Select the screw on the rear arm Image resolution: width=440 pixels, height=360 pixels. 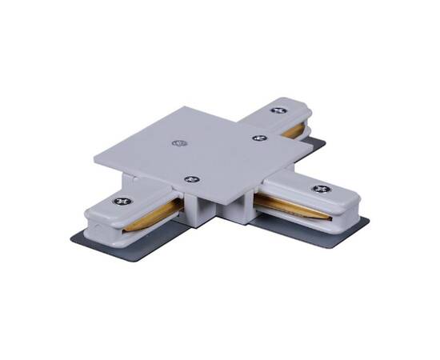coord(278,110)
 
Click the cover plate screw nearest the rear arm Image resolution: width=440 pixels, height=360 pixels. coord(258,138)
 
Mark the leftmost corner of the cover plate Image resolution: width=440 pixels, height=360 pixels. coord(95,158)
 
